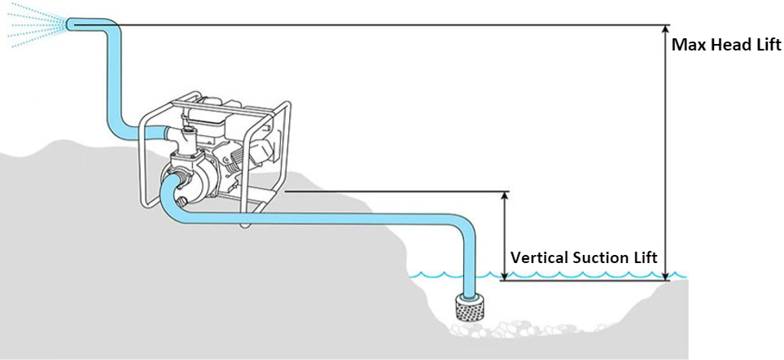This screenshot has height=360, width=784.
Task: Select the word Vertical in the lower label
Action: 538,257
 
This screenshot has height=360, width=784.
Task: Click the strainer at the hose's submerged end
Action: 468,309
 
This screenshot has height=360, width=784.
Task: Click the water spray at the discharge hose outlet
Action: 33,24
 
